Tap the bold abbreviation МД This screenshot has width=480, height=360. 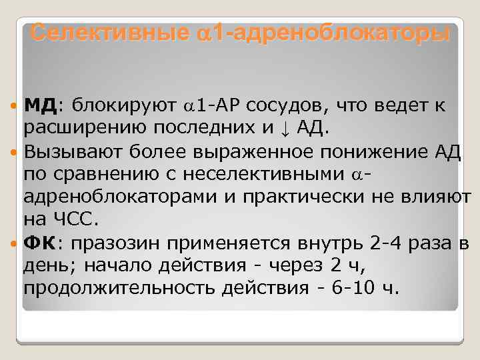(x=41, y=105)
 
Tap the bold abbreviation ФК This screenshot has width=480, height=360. (x=39, y=242)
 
